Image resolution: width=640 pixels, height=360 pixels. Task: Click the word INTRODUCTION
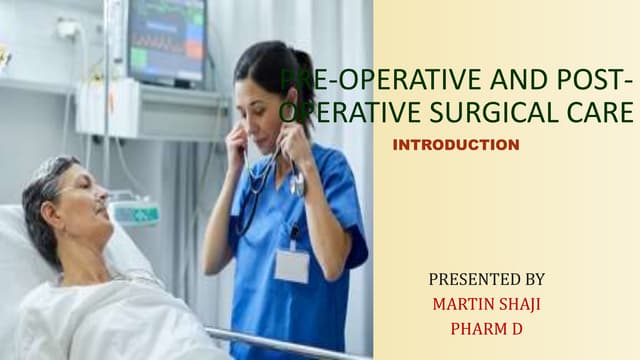456,146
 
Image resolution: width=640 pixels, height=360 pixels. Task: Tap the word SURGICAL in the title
507,111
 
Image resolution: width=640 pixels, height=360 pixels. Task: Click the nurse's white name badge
292,265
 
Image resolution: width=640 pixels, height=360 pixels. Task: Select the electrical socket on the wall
68,31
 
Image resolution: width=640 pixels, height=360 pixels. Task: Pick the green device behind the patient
135,212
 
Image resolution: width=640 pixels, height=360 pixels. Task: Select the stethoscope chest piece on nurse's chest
297,185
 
